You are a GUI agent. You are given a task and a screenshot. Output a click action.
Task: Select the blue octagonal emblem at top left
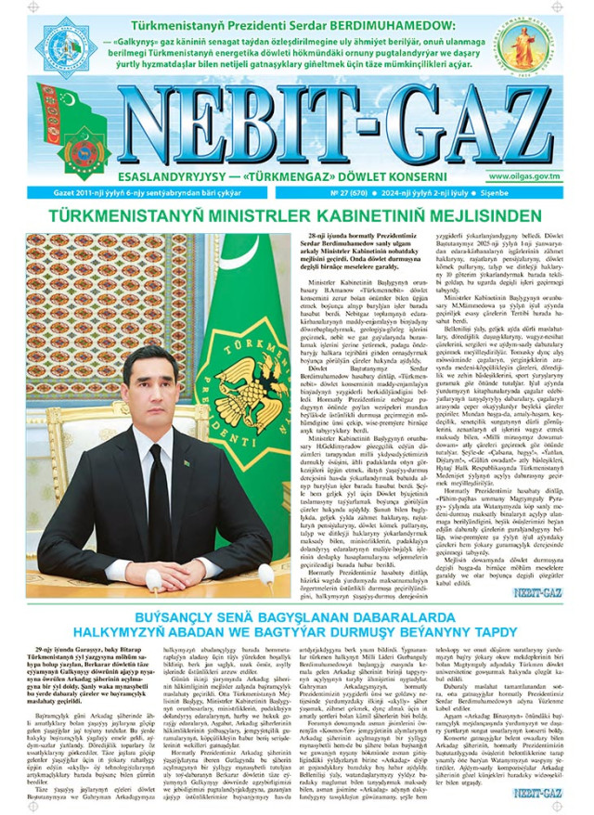pos(67,43)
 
